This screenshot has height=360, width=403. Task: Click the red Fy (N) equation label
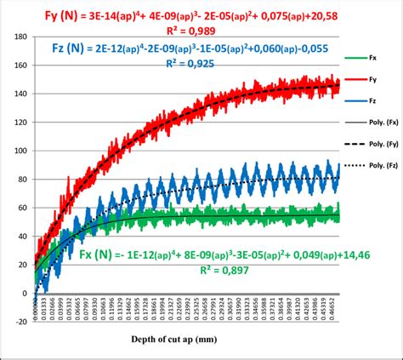tap(37, 13)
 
